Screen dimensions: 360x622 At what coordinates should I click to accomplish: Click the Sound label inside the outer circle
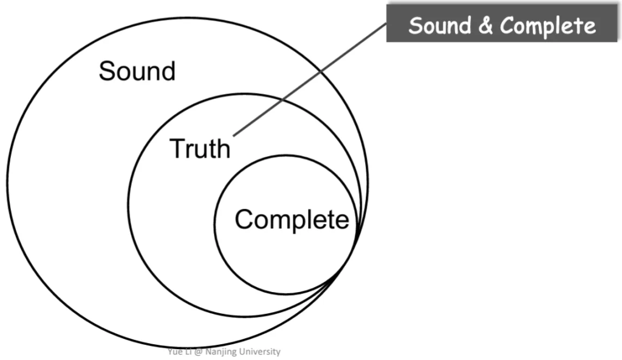[137, 72]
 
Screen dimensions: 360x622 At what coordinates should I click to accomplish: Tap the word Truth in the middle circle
[200, 148]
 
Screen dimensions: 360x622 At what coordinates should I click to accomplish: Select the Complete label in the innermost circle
[292, 219]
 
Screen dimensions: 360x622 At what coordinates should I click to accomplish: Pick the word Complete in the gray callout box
[548, 26]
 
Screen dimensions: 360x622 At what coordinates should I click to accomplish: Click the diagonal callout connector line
[310, 80]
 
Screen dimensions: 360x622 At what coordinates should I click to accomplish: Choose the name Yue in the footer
[175, 352]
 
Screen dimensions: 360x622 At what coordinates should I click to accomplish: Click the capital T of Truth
[177, 148]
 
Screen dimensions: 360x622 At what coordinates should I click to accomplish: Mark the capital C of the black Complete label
[244, 219]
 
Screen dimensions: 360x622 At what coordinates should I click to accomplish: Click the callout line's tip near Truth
[234, 134]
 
